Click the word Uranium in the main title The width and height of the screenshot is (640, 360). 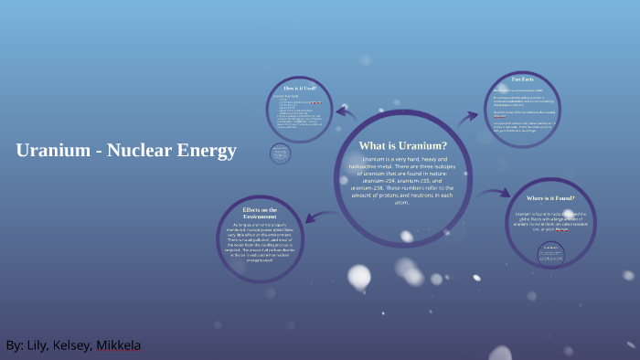48,151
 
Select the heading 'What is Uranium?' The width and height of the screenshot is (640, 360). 402,145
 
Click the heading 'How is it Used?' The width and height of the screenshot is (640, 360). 302,88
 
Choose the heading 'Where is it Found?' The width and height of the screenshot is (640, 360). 557,198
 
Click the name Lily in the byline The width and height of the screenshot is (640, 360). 40,346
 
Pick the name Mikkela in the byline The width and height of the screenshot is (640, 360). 122,346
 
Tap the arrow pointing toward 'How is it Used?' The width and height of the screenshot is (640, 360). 346,113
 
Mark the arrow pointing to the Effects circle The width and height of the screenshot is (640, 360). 312,215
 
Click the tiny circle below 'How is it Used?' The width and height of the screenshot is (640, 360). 281,154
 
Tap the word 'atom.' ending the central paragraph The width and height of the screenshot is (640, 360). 401,202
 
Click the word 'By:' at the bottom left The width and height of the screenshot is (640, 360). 15,346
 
